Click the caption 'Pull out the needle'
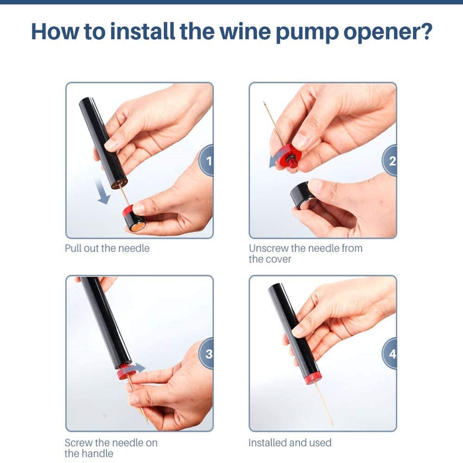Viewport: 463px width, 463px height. tap(107, 248)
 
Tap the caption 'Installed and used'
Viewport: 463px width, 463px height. tap(290, 443)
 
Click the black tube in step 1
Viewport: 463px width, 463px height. tap(102, 139)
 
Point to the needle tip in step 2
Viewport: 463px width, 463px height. tap(265, 104)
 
